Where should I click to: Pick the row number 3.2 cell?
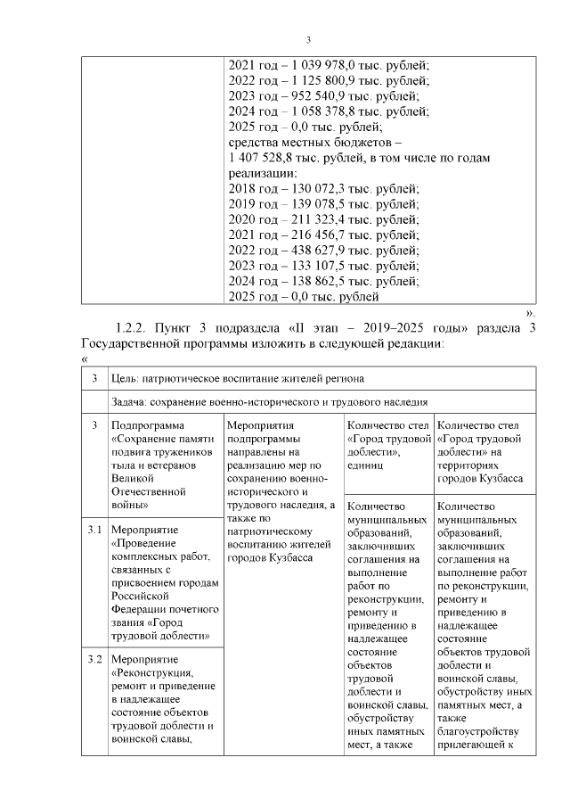[94, 660]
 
